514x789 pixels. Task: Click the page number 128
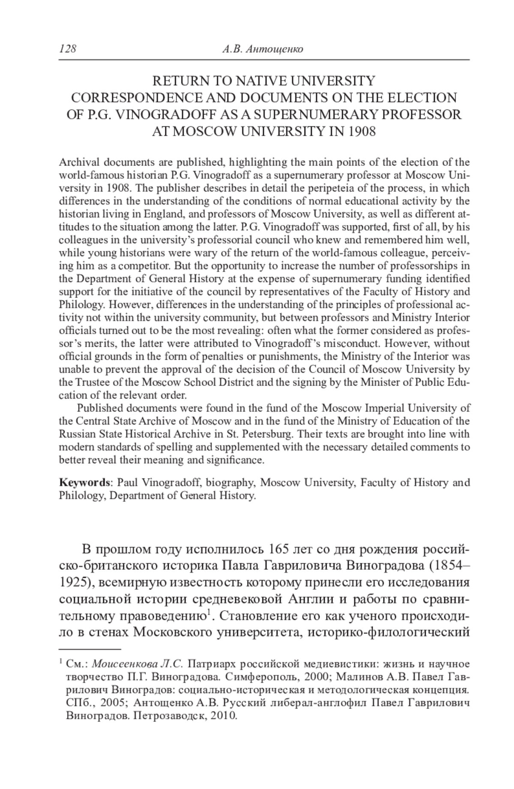click(x=67, y=49)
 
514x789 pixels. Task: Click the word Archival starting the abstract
click(x=76, y=162)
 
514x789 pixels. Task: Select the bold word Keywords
click(x=84, y=482)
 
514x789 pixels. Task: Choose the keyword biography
click(x=230, y=482)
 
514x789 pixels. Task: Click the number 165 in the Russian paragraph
click(x=279, y=549)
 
